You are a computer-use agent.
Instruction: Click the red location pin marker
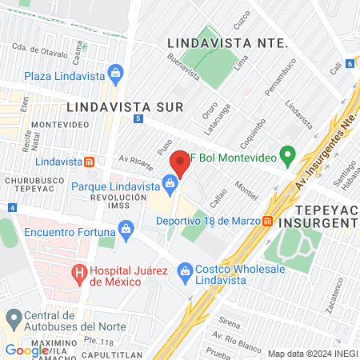point(179,164)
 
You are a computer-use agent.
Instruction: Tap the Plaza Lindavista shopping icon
point(116,74)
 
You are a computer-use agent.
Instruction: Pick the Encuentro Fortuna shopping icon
point(127,231)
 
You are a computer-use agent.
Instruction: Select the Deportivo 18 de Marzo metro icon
point(268,221)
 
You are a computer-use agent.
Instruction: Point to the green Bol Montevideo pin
point(286,154)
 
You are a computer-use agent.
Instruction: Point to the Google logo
point(26,350)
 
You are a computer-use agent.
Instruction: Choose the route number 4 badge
point(12,207)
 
